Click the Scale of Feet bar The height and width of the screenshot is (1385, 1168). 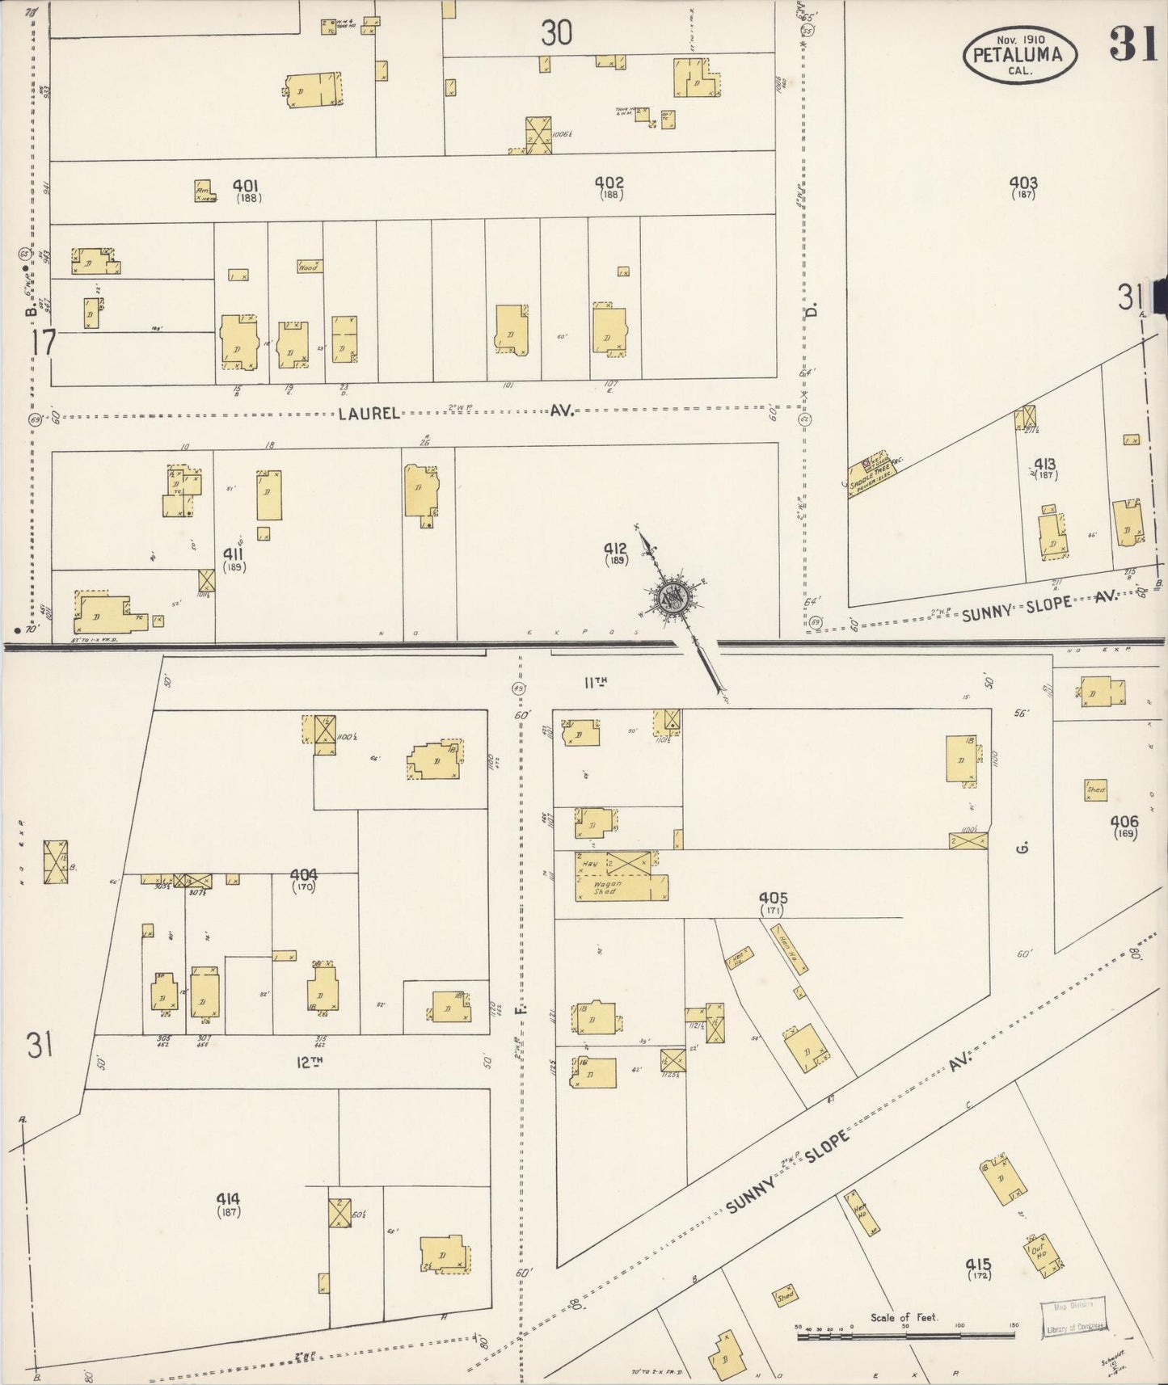905,1337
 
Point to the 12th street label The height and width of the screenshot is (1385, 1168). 304,1061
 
